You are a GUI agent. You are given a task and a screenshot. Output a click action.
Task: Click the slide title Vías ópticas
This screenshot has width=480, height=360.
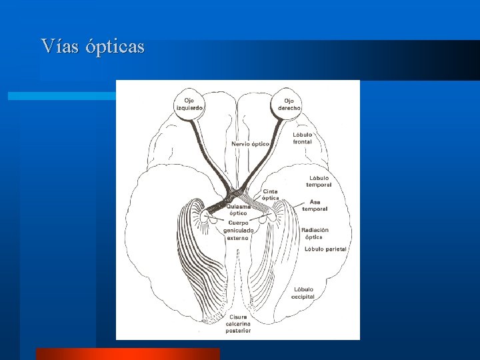tap(92, 47)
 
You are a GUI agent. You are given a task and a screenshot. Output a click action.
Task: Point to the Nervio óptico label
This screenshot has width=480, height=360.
tap(251, 143)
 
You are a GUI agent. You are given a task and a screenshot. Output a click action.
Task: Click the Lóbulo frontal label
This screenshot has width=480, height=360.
tap(302, 138)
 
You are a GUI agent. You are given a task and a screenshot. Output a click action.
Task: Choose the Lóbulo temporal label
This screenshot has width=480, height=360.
tap(320, 181)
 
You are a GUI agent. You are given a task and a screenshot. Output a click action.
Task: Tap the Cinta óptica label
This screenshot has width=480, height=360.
tap(271, 195)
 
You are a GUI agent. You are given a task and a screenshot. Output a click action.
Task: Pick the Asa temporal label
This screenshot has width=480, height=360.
tap(315, 205)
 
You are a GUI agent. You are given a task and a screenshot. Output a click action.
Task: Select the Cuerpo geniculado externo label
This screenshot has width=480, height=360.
tap(238, 230)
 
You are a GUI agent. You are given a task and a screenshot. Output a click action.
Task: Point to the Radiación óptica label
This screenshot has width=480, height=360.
tap(315, 233)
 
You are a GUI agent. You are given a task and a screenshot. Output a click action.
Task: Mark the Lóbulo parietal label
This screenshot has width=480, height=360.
tap(325, 249)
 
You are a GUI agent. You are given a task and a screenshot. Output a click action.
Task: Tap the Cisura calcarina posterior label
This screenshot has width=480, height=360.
tap(238, 324)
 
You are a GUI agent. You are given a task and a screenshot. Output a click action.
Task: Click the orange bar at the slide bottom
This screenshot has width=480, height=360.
tap(127, 354)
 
